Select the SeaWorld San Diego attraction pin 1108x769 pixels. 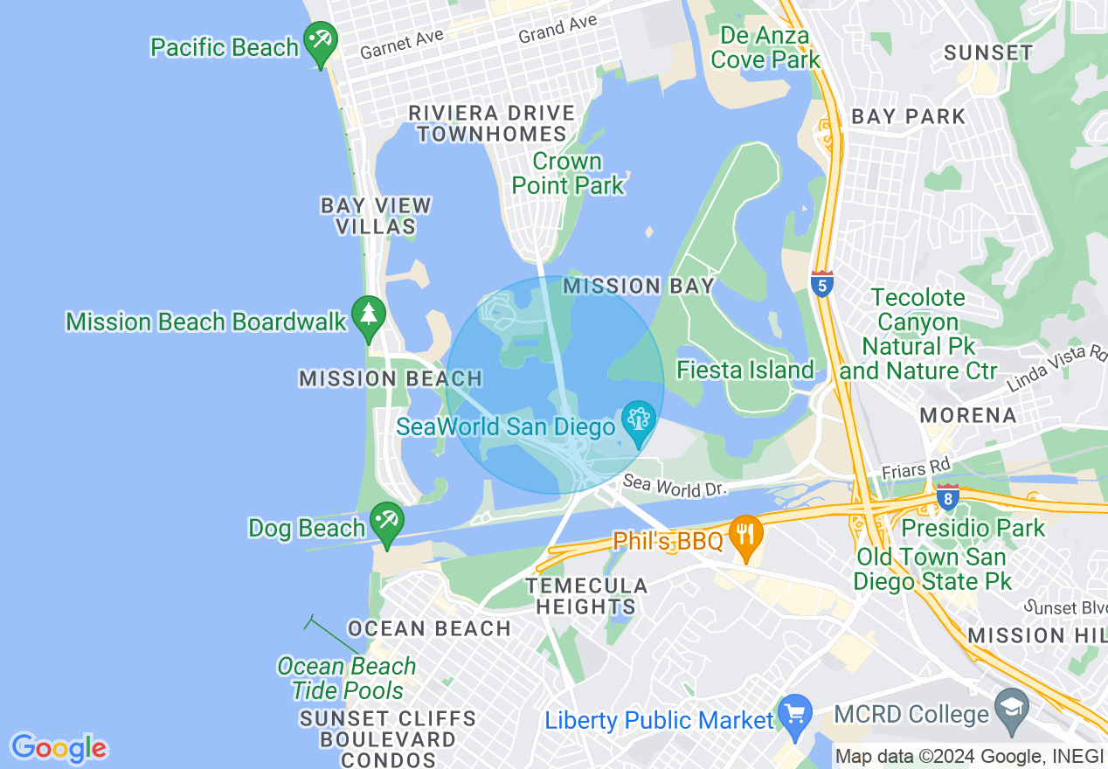coord(639,423)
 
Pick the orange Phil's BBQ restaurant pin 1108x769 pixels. coord(745,536)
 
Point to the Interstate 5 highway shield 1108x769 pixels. coord(821,284)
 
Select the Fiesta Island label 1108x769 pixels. coord(745,370)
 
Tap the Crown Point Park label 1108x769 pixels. coord(568,173)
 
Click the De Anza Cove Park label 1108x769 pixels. coord(765,48)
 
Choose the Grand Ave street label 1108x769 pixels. coord(557,29)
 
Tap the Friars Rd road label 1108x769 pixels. coord(916,469)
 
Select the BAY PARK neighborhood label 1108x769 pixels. coord(909,116)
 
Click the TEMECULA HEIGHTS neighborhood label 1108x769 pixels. coord(586,596)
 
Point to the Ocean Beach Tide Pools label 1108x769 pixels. coord(347,677)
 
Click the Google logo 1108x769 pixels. coord(59,748)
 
